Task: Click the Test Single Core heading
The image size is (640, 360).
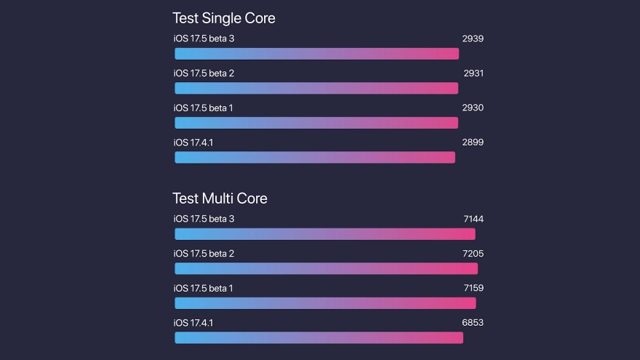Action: (223, 18)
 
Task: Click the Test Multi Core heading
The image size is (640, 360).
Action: (220, 198)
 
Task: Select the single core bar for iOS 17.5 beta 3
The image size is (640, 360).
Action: (316, 54)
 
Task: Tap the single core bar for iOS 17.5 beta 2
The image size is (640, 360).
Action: (316, 88)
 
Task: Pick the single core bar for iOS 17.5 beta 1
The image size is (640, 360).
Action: (316, 123)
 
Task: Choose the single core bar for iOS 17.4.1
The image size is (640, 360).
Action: (315, 157)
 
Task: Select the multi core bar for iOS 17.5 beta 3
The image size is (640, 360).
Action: (324, 234)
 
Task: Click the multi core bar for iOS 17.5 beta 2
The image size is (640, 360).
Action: (326, 268)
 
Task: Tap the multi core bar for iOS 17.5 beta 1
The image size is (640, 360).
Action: (325, 303)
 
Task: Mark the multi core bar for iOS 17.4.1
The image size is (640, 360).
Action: (319, 337)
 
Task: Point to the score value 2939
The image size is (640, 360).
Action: (473, 39)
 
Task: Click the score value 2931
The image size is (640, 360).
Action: (473, 73)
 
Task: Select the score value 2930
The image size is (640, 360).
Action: (473, 108)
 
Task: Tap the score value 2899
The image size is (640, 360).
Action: (473, 143)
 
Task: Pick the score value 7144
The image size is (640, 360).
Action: (473, 219)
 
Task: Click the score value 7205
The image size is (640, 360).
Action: (473, 254)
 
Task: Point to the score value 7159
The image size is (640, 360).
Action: (473, 288)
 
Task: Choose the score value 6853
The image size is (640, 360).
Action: (473, 323)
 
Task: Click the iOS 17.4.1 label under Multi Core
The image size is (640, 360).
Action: (193, 323)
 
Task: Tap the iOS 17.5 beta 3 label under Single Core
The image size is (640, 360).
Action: (204, 39)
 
